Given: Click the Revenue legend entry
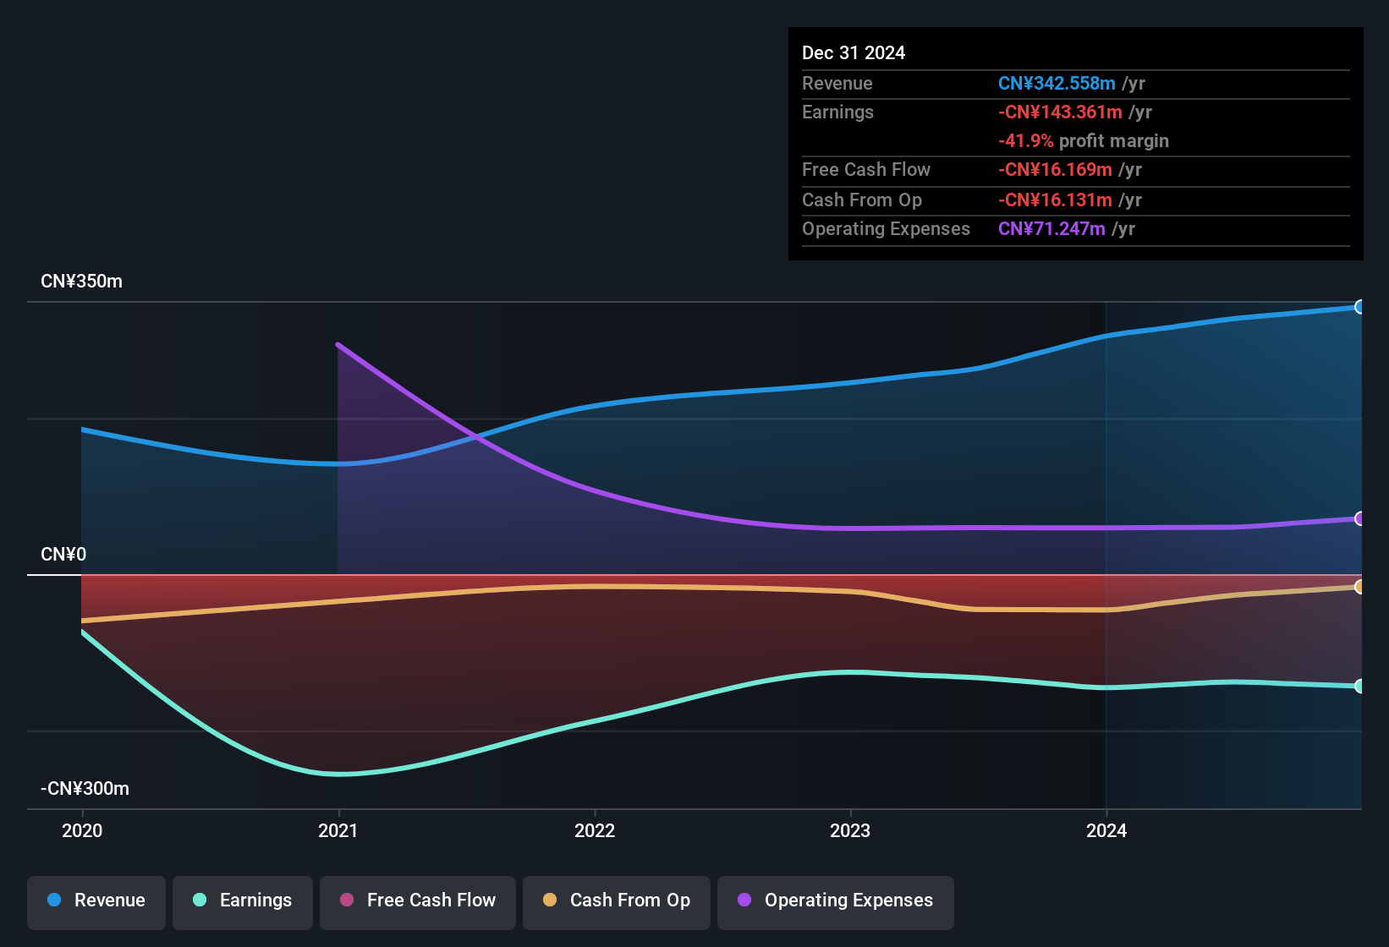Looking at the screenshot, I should [96, 900].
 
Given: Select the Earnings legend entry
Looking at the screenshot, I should [243, 900].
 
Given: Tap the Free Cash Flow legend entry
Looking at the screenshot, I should [418, 900].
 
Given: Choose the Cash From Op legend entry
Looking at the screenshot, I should [617, 900].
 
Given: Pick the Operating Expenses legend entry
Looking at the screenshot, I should [836, 900].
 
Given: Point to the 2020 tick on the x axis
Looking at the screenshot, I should [82, 830].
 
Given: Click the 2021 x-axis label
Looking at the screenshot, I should [338, 830].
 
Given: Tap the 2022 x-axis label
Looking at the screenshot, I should [595, 830].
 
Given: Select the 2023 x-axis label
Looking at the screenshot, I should [850, 830].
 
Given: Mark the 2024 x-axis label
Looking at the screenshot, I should [1106, 830].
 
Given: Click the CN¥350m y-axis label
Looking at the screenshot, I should [81, 282].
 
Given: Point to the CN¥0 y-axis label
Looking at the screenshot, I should [63, 555].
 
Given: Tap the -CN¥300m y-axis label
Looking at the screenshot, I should [85, 789].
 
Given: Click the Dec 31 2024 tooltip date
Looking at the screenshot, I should [854, 53].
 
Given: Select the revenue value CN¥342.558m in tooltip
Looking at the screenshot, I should [1057, 84].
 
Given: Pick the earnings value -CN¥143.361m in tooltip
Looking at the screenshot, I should [1060, 112].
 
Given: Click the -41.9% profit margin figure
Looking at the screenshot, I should [1025, 141].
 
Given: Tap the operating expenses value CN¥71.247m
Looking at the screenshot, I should [1051, 229].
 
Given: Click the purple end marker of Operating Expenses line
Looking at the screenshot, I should [1359, 518].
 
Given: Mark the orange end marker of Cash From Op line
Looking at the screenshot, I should [1359, 587].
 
